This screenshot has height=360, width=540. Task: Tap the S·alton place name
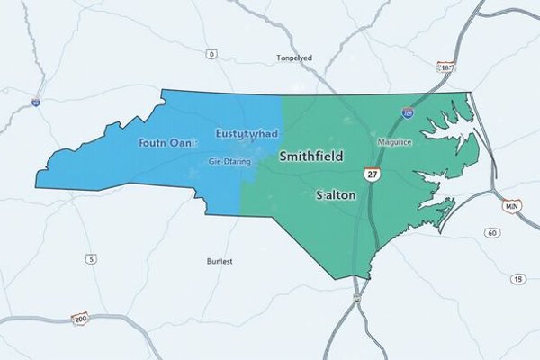(x=337, y=194)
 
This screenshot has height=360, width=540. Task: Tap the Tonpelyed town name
(x=294, y=58)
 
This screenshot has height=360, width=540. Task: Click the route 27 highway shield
(x=373, y=173)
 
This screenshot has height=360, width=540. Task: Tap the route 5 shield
(x=91, y=260)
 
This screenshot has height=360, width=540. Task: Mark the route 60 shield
(x=492, y=233)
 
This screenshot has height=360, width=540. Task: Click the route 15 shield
(x=517, y=279)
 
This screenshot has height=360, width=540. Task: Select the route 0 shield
(x=211, y=54)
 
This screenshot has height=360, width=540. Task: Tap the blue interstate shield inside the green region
(x=409, y=113)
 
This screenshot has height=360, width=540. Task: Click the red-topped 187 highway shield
(x=446, y=67)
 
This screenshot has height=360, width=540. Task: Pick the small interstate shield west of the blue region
(x=36, y=103)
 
